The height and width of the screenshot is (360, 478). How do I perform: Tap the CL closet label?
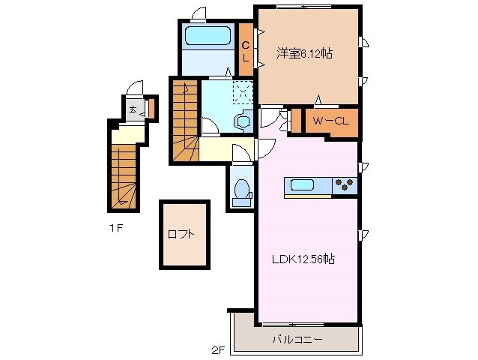pyautogui.click(x=245, y=51)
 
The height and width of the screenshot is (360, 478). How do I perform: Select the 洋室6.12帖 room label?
pyautogui.click(x=305, y=53)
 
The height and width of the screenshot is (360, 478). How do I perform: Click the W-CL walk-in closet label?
pyautogui.click(x=330, y=121)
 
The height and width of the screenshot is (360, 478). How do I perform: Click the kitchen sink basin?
pyautogui.click(x=303, y=185)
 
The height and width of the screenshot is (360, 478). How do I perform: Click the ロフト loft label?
pyautogui.click(x=181, y=233)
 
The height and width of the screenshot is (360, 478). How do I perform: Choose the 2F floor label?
pyautogui.click(x=217, y=349)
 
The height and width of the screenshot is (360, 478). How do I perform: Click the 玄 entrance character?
pyautogui.click(x=132, y=109)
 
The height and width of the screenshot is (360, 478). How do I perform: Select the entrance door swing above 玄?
pyautogui.click(x=133, y=88)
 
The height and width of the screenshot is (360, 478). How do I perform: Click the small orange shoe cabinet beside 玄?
pyautogui.click(x=149, y=109)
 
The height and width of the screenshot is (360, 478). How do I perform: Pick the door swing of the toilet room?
pyautogui.click(x=241, y=154)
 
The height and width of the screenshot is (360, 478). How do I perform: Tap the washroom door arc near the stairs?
pyautogui.click(x=210, y=126)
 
